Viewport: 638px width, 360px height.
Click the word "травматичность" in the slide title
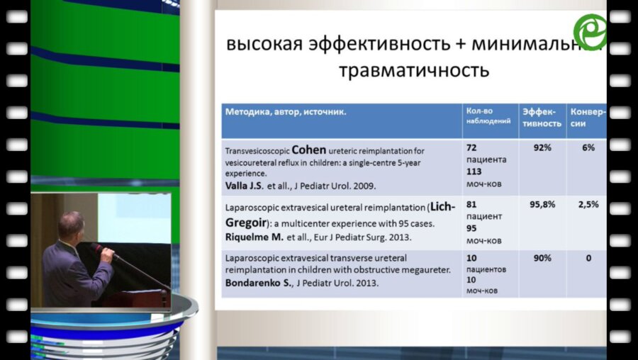(414, 71)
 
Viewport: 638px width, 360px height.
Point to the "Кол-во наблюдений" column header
(488, 116)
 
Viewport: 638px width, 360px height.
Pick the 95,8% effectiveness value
(542, 204)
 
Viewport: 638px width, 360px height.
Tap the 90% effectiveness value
(542, 258)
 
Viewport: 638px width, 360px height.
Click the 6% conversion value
(588, 148)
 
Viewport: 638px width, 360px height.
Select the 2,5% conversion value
(588, 204)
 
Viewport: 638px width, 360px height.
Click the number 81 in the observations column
(471, 204)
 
